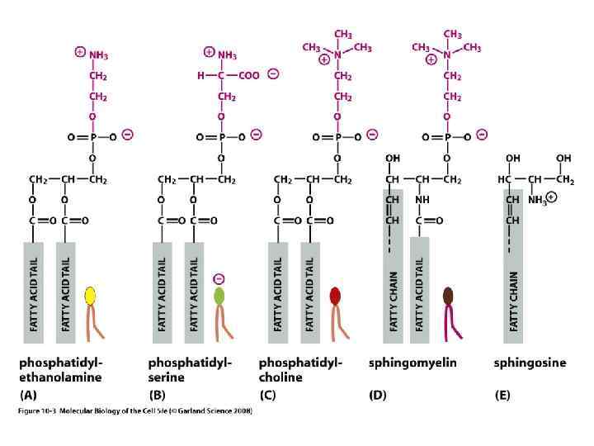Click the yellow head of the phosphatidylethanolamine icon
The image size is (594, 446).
tap(91, 296)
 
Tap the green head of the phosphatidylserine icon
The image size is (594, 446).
tap(219, 295)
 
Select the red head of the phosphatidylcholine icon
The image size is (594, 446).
tap(334, 295)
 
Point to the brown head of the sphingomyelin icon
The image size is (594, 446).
tap(448, 296)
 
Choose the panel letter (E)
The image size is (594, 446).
tap(502, 395)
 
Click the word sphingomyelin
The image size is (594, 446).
tap(412, 363)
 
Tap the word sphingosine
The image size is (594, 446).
tap(530, 363)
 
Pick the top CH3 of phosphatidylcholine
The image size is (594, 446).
tap(342, 34)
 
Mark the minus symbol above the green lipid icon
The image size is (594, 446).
tap(219, 277)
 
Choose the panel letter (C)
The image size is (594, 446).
tap(267, 395)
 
